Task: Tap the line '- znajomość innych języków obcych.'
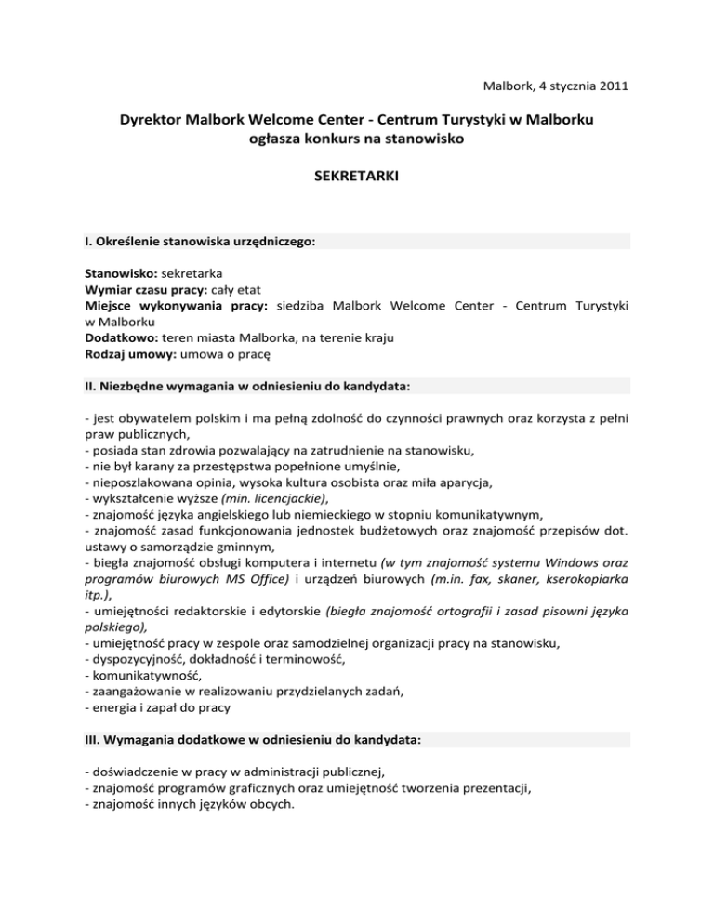[191, 803]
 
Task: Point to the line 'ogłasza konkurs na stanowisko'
[357, 140]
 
